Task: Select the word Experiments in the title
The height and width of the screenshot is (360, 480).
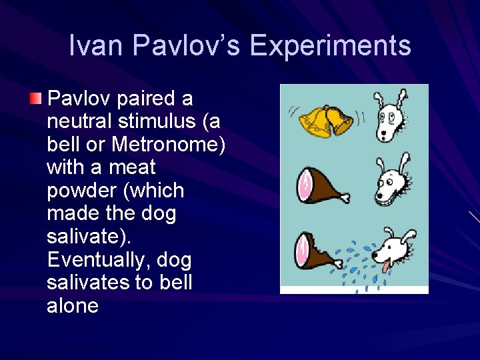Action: [x=330, y=46]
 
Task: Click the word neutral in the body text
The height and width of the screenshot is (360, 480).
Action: [x=78, y=122]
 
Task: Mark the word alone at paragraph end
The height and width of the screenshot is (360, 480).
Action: [x=73, y=306]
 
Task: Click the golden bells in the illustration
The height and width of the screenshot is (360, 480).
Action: [x=325, y=119]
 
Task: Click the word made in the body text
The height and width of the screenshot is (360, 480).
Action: [x=69, y=213]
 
